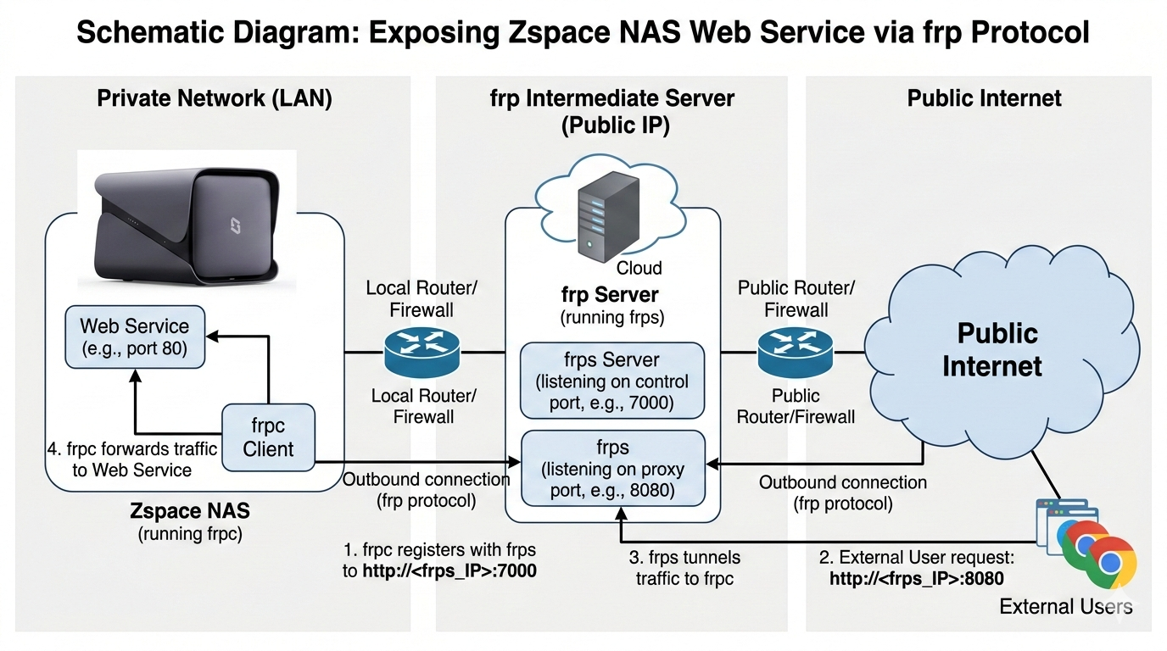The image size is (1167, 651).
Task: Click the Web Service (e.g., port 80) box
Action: [x=135, y=337]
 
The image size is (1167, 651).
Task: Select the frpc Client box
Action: [x=268, y=437]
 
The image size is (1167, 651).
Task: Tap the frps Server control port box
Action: [x=611, y=381]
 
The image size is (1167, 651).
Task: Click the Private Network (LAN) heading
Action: [x=214, y=98]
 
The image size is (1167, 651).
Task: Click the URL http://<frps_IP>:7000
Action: [x=449, y=571]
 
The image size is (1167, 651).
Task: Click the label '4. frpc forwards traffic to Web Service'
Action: [x=132, y=459]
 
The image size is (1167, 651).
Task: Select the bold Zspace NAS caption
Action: [x=190, y=512]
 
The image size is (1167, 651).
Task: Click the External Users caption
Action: [x=1065, y=607]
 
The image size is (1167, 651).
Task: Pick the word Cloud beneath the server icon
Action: [x=639, y=268]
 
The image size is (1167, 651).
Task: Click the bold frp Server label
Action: [x=610, y=295]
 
